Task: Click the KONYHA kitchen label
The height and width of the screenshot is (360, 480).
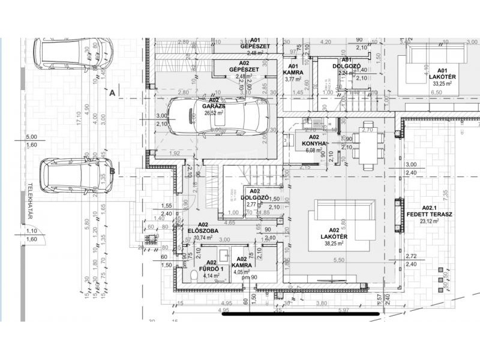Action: [x=314, y=143]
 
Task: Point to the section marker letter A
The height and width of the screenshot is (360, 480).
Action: [x=112, y=93]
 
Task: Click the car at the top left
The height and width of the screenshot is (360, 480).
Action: [x=73, y=53]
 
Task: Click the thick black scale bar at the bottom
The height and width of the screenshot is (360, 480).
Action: [x=301, y=313]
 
